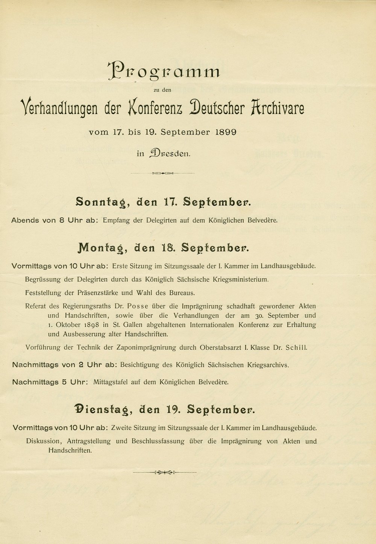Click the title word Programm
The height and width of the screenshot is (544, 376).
pyautogui.click(x=164, y=71)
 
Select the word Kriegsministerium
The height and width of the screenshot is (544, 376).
pyautogui.click(x=238, y=279)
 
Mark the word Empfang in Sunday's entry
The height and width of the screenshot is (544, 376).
pyautogui.click(x=115, y=220)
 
